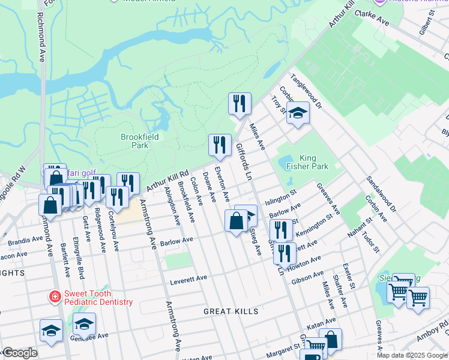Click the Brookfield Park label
point(134,141)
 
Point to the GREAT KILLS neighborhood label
point(231,311)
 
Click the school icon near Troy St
point(297,113)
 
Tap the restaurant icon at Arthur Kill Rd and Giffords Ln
point(239,104)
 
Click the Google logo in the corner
point(20,353)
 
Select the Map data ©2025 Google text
point(411,355)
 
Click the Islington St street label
point(282,196)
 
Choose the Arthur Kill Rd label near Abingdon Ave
point(166,181)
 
